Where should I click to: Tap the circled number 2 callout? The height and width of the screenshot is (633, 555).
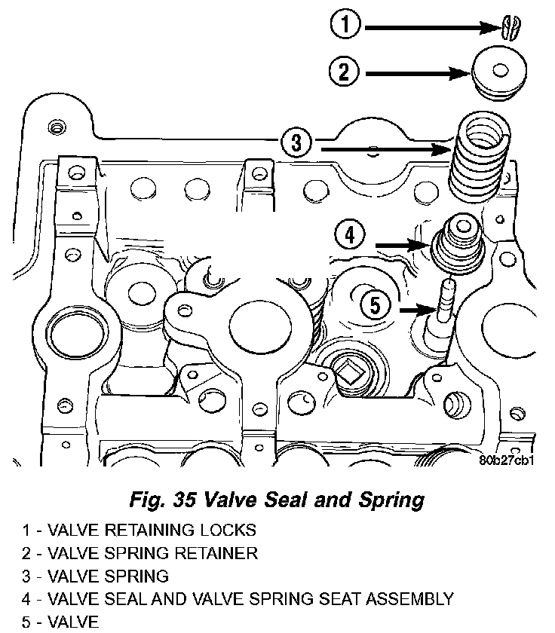pos(344,73)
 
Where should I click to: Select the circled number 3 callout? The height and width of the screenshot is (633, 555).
pos(296,142)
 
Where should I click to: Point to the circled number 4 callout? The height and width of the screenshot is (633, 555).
pos(349,234)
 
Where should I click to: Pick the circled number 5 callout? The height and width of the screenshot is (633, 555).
pos(375,306)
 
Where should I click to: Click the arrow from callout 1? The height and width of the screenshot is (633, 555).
pos(430,28)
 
